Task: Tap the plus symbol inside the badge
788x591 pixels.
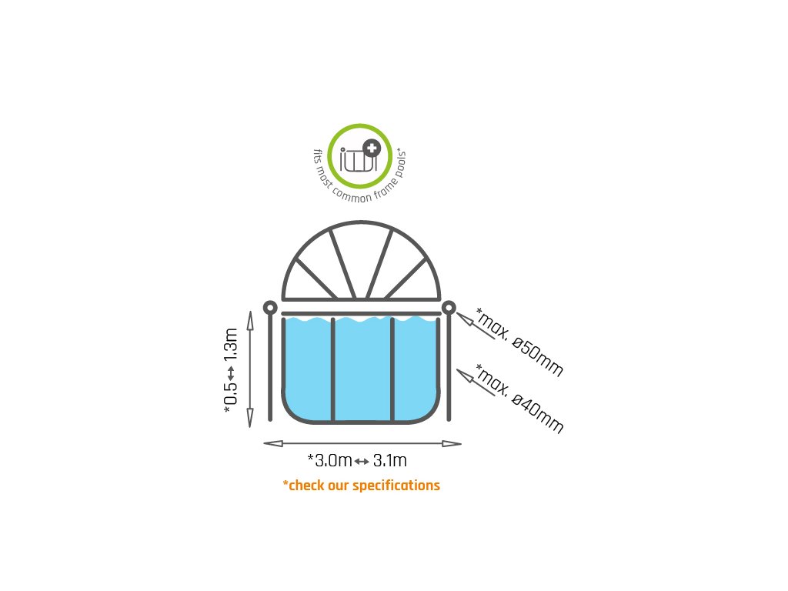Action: coord(372,149)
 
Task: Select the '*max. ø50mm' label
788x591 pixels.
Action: coord(519,342)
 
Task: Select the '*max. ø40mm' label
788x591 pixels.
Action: coord(519,398)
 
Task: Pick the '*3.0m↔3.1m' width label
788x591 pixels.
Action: coord(357,461)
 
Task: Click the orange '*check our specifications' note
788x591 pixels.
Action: coord(361,486)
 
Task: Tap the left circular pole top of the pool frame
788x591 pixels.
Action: coord(270,308)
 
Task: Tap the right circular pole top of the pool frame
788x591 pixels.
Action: coord(449,308)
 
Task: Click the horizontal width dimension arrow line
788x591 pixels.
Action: coord(362,443)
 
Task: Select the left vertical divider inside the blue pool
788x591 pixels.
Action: coord(332,369)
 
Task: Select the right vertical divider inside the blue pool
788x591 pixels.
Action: coord(392,369)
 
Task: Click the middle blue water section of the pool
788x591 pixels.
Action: coord(362,369)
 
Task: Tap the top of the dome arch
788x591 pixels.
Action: coord(362,225)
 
